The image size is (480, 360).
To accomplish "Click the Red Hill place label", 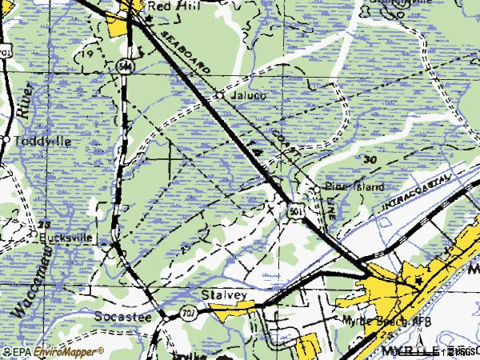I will [162, 6].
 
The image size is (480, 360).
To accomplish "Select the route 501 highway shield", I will [296, 210].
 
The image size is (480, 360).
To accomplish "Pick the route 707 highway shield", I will [186, 310].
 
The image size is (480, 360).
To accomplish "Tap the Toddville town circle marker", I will [6, 141].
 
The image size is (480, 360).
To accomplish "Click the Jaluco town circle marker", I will [221, 95].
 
